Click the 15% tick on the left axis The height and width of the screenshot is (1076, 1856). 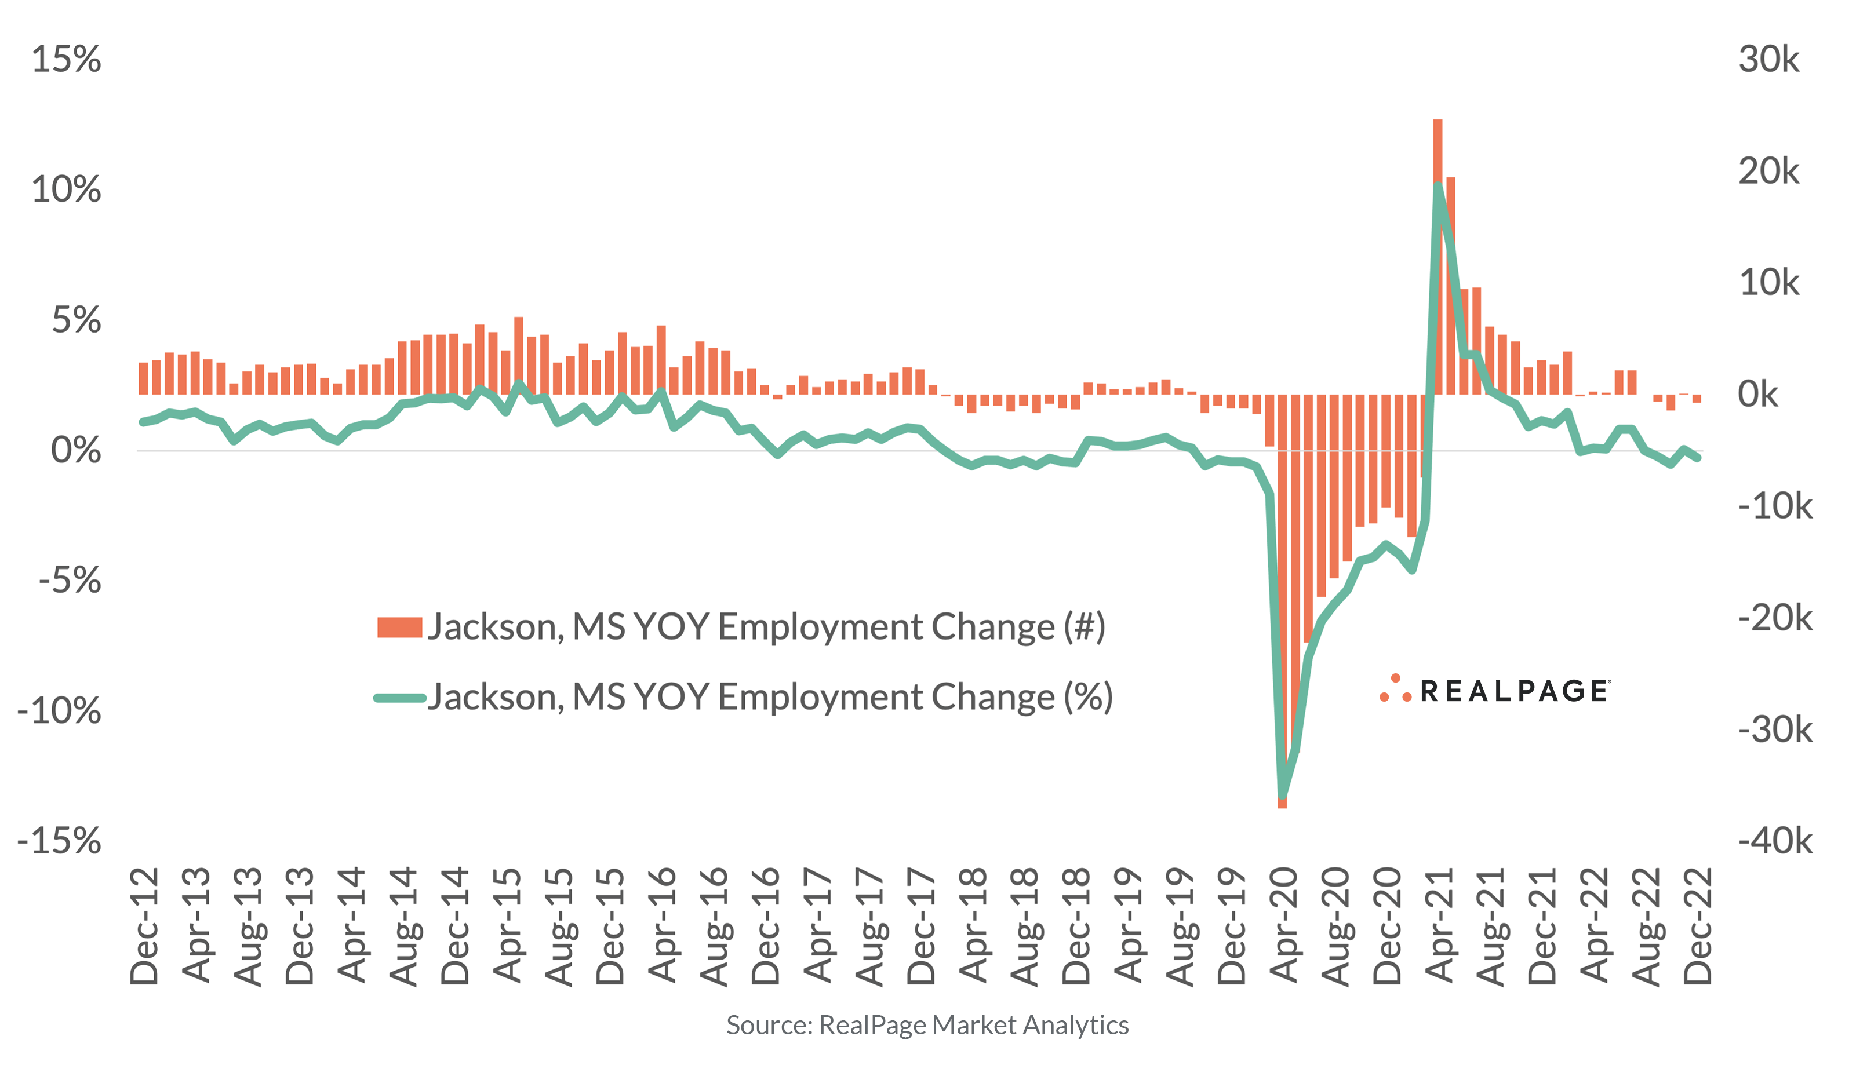pyautogui.click(x=66, y=60)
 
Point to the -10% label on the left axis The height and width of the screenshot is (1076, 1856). pyautogui.click(x=59, y=712)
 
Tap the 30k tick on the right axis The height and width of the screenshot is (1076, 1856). pyautogui.click(x=1768, y=60)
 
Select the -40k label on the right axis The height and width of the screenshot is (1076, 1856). pyautogui.click(x=1775, y=841)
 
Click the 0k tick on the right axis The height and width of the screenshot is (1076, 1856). pyautogui.click(x=1758, y=395)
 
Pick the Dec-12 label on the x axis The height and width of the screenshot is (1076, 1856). pyautogui.click(x=144, y=927)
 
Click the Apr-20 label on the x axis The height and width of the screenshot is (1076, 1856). pyautogui.click(x=1284, y=927)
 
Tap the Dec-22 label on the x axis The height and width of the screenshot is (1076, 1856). pyautogui.click(x=1698, y=927)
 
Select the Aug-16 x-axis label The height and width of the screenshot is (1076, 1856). pyautogui.click(x=714, y=927)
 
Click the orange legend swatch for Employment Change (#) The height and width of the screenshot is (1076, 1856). pyautogui.click(x=399, y=628)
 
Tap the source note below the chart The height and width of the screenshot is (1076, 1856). pyautogui.click(x=927, y=1025)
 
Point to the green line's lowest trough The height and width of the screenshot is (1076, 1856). pyautogui.click(x=1282, y=796)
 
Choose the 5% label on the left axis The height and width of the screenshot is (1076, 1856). pyautogui.click(x=76, y=321)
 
